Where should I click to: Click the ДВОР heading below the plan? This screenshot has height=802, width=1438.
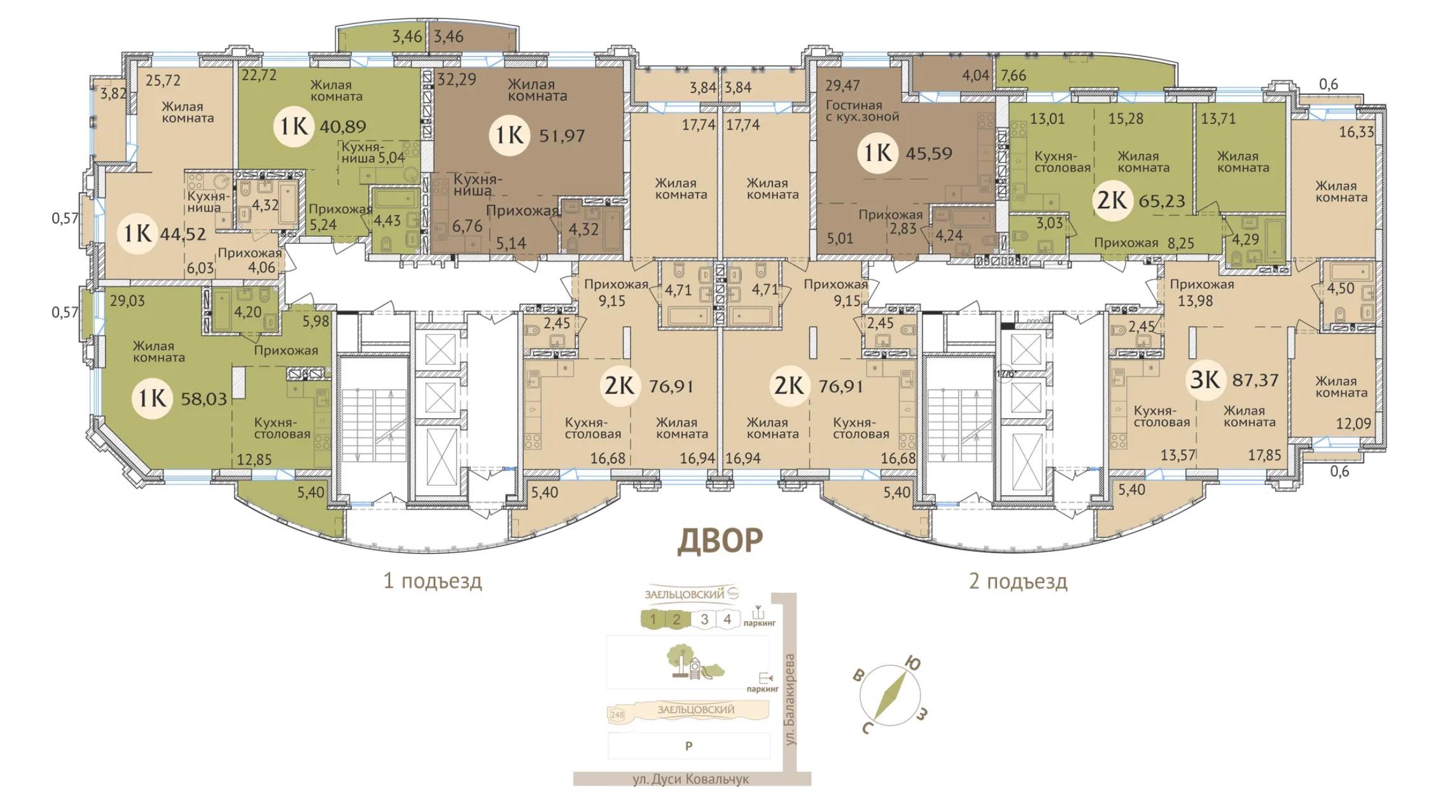point(720,540)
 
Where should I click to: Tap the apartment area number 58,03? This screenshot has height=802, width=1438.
point(204,399)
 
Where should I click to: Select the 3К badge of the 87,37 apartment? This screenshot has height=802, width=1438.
point(1205,380)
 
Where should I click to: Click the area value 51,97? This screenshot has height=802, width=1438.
point(562,135)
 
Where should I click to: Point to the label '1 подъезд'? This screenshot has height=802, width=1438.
point(433,581)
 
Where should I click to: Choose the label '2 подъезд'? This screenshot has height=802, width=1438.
point(1018,581)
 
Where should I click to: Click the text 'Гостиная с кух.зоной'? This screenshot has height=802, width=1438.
point(862,111)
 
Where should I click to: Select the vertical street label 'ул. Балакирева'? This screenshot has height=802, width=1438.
point(790,700)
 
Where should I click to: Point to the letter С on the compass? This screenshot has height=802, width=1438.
point(866,728)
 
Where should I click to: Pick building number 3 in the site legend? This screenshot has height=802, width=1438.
point(704,619)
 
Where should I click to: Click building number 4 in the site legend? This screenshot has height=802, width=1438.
point(727,619)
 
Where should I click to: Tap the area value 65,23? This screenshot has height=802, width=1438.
point(1162,201)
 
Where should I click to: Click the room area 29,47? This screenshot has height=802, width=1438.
point(843,85)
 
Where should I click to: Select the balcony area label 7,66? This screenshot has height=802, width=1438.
point(1012,75)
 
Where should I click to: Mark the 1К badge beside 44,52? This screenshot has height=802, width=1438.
point(137,234)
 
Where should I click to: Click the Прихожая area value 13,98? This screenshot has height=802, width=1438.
point(1195,300)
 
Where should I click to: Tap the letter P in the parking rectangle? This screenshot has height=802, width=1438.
point(688,746)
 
